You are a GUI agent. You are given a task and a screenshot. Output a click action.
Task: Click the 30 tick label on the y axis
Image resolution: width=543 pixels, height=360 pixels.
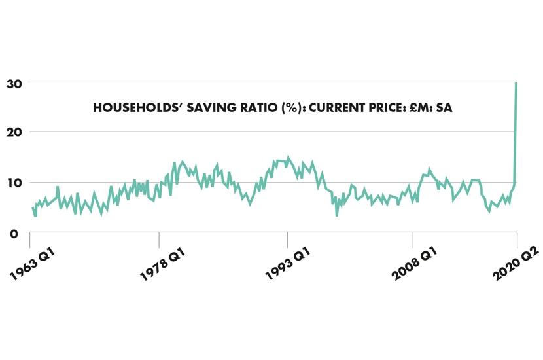click(x=15, y=83)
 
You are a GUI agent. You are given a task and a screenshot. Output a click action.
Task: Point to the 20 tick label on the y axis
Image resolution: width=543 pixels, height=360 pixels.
click(x=15, y=132)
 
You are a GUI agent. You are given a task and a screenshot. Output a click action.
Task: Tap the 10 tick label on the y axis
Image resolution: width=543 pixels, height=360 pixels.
click(x=14, y=183)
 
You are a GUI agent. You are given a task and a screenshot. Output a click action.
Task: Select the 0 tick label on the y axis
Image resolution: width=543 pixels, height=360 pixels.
click(x=15, y=234)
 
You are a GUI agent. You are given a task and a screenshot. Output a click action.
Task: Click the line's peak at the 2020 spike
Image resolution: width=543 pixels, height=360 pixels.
click(x=516, y=83)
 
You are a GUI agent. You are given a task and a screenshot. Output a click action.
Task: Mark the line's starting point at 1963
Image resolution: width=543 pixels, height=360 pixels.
click(x=33, y=208)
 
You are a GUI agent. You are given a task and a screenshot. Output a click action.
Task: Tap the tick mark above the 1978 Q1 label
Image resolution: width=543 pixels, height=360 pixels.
click(x=159, y=236)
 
